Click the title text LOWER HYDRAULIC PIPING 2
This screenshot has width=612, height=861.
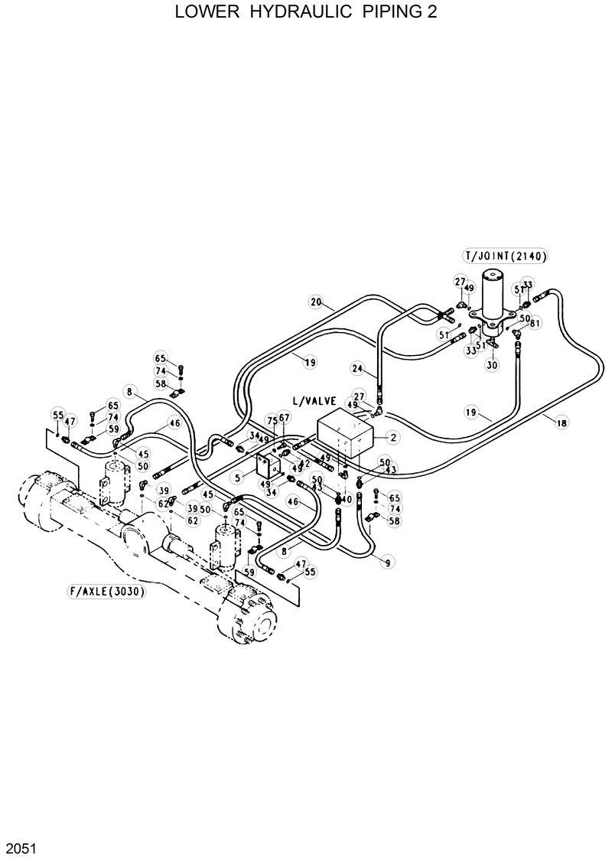click(306, 13)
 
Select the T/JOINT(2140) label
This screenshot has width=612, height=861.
click(505, 256)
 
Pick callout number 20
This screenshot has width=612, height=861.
click(315, 302)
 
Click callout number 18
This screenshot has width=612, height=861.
click(562, 422)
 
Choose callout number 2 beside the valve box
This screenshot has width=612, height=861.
click(392, 438)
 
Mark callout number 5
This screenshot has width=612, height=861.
click(238, 478)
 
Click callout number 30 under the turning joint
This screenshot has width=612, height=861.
click(492, 365)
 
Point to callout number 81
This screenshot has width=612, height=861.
click(535, 323)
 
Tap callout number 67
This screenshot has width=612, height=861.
click(285, 417)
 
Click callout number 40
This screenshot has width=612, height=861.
click(346, 499)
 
